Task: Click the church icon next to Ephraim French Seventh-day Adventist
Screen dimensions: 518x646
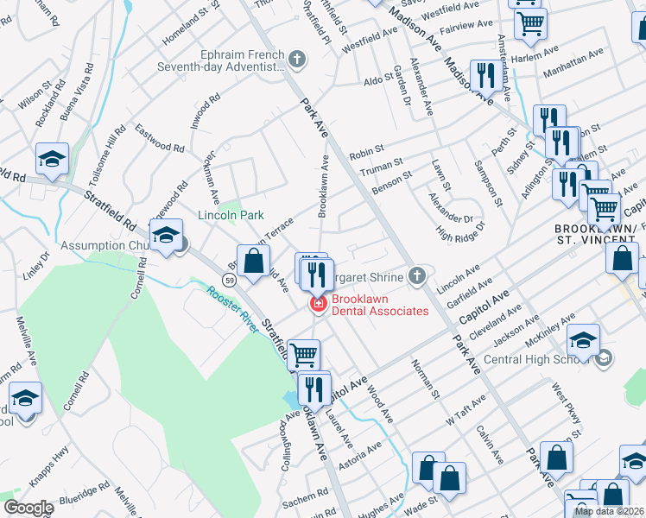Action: (297, 60)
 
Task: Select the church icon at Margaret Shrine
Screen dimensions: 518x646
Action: (417, 275)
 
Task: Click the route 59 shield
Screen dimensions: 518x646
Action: (228, 280)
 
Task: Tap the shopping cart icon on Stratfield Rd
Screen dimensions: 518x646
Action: (303, 355)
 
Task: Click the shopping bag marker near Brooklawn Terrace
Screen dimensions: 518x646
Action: (253, 262)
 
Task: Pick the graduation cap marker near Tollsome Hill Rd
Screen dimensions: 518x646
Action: (52, 160)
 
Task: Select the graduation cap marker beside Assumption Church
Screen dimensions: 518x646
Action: (165, 236)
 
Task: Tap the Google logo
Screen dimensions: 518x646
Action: (29, 508)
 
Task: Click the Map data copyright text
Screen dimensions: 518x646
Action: (608, 511)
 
